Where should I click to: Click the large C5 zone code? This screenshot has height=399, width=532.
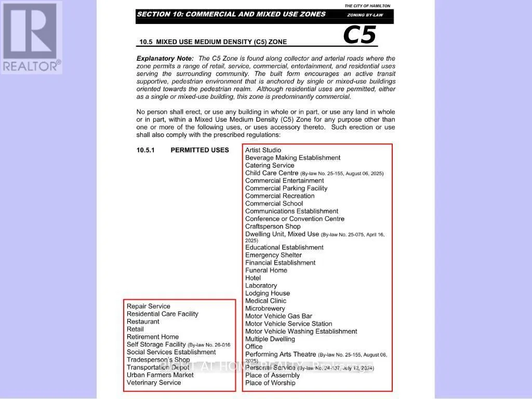click(x=359, y=35)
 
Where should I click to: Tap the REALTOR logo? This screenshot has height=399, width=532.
click(x=32, y=37)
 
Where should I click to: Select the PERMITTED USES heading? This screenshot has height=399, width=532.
click(x=199, y=150)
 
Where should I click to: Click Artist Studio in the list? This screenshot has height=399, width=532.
click(x=263, y=150)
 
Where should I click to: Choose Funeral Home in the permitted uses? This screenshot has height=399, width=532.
click(x=266, y=270)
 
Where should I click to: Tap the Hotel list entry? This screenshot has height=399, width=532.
click(x=253, y=278)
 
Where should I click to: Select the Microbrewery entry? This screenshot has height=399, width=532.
click(x=265, y=309)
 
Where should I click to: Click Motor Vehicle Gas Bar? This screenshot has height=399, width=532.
click(x=278, y=316)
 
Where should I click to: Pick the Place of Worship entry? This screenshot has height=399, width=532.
click(x=270, y=383)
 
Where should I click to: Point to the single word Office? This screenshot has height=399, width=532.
click(x=254, y=347)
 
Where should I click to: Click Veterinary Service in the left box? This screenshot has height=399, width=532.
click(x=154, y=383)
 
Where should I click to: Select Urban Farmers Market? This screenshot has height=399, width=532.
click(x=160, y=375)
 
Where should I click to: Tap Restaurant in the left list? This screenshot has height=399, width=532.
click(x=143, y=322)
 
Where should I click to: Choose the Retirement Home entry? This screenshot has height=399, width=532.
click(x=153, y=337)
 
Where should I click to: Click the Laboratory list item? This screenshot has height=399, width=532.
click(x=261, y=286)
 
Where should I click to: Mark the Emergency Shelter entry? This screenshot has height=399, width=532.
click(x=273, y=255)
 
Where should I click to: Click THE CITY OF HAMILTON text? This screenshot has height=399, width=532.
click(x=367, y=6)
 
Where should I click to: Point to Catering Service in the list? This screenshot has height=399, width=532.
click(x=270, y=165)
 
